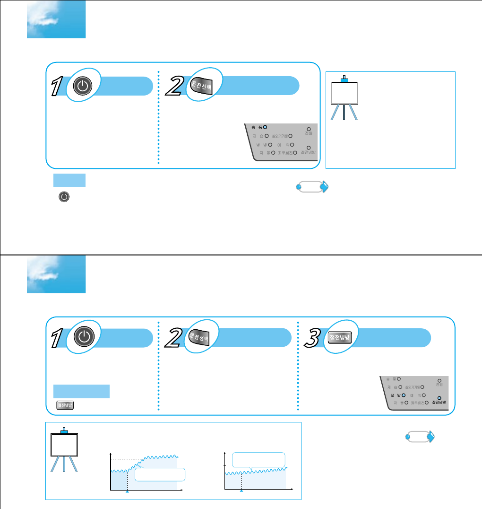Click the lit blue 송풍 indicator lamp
pyautogui.click(x=265, y=127)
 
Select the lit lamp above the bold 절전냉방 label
pyautogui.click(x=439, y=398)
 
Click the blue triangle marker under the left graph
pyautogui.click(x=127, y=492)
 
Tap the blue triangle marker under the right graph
pyautogui.click(x=241, y=492)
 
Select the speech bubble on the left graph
pyautogui.click(x=159, y=475)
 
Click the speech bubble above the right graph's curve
pyautogui.click(x=259, y=459)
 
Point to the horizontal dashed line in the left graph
pyautogui.click(x=127, y=458)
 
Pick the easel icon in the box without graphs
pyautogui.click(x=344, y=97)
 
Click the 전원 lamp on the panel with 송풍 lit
pyautogui.click(x=309, y=128)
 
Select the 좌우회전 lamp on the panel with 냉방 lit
pyautogui.click(x=426, y=402)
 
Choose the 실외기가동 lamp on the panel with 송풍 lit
pyautogui.click(x=290, y=136)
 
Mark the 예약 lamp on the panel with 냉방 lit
pyautogui.click(x=424, y=394)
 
